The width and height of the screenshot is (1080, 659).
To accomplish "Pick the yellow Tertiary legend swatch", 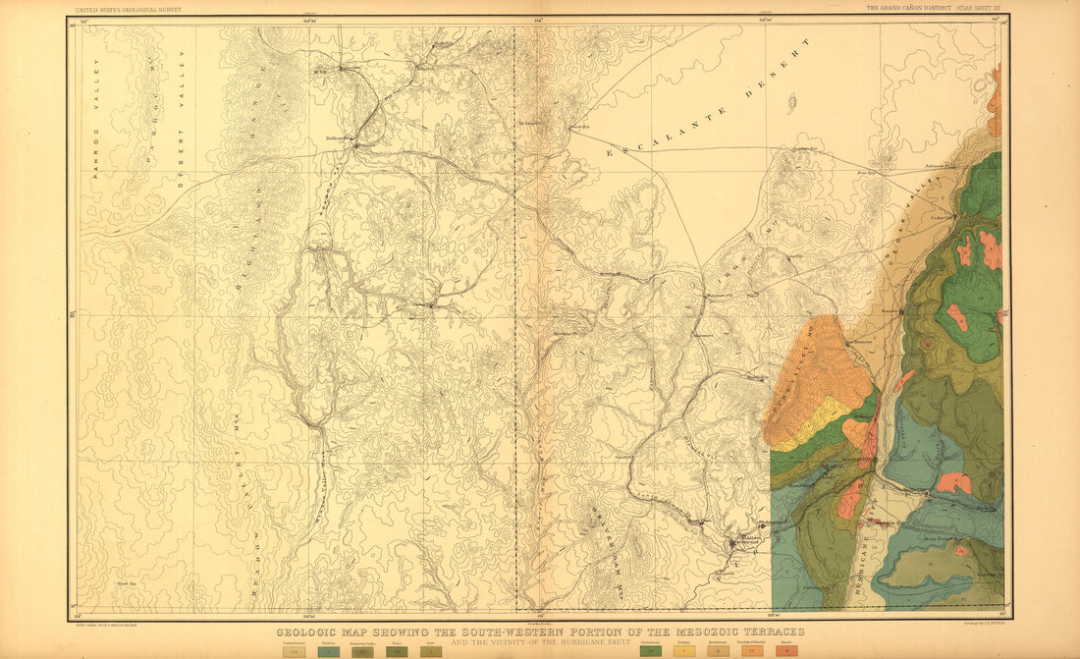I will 684,650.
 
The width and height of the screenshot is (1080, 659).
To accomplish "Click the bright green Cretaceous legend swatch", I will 649,650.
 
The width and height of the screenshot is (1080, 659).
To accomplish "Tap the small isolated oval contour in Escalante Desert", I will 791,101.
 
